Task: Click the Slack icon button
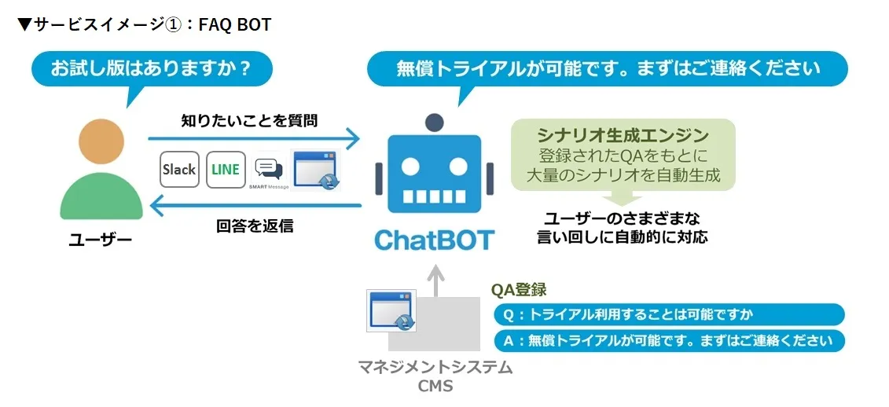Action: tap(179, 169)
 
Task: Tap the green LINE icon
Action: tap(226, 169)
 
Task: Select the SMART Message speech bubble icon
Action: tap(269, 169)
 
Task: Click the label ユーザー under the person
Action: tap(101, 240)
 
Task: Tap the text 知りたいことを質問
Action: tap(249, 120)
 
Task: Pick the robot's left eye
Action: tap(413, 167)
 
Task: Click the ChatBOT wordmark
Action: tap(434, 238)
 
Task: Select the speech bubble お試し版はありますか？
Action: tap(151, 68)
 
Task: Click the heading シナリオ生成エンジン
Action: tap(623, 134)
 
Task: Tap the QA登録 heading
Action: tap(519, 290)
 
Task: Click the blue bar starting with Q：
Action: tap(668, 314)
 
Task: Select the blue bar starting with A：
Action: tap(668, 341)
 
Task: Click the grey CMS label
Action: tap(435, 386)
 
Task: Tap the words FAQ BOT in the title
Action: tap(235, 24)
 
